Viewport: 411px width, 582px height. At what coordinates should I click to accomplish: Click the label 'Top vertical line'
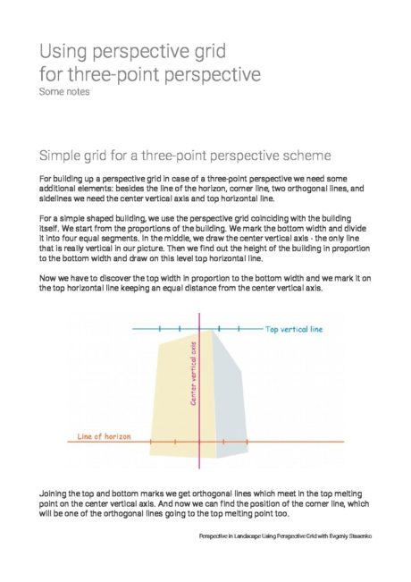pos(294,329)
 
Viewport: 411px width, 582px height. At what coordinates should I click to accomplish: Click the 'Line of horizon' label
pos(104,435)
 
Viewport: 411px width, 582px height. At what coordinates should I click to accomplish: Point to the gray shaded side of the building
pos(227,393)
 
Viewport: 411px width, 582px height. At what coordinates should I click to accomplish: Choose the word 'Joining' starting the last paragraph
pos(55,493)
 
